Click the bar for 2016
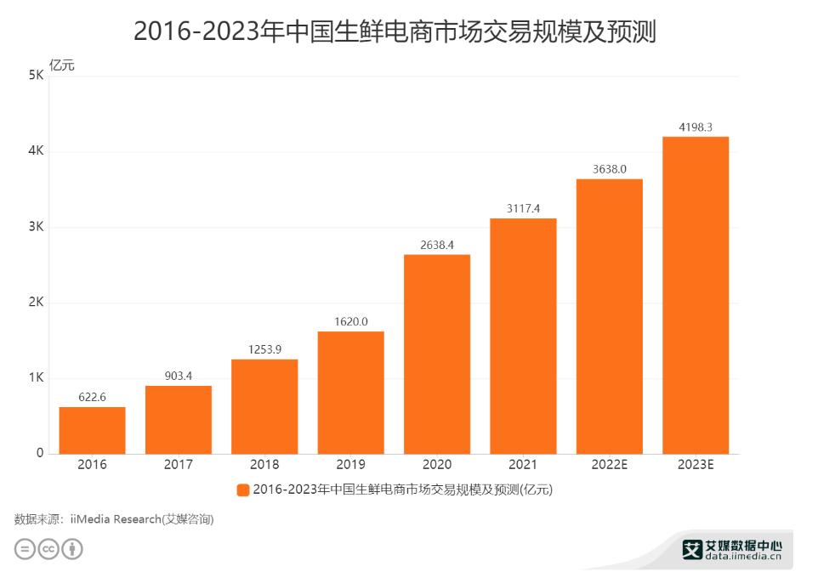pos(92,430)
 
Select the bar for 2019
pos(350,392)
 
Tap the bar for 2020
pos(436,354)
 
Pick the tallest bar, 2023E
pos(696,295)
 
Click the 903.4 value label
pos(178,376)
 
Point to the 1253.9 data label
pos(264,350)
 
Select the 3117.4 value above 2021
pos(523,208)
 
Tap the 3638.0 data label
pos(610,169)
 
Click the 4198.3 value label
pos(696,127)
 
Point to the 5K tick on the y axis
pos(36,76)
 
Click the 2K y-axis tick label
pos(36,303)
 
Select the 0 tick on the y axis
pos(40,453)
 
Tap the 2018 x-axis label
pos(264,465)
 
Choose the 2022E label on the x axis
pos(610,465)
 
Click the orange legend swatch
pos(243,490)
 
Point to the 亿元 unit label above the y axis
pos(62,65)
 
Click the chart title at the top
pos(395,31)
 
